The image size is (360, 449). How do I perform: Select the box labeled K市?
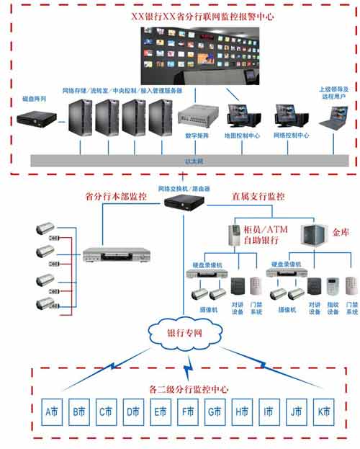[x=323, y=413]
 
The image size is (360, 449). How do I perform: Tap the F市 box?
[x=187, y=413]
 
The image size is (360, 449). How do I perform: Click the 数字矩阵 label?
[x=197, y=135]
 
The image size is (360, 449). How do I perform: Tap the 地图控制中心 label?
[x=244, y=135]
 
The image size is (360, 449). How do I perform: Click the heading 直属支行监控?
[x=258, y=196]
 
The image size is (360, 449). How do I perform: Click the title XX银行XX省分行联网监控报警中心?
[x=181, y=14]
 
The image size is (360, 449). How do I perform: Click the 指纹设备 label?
[x=332, y=308]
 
